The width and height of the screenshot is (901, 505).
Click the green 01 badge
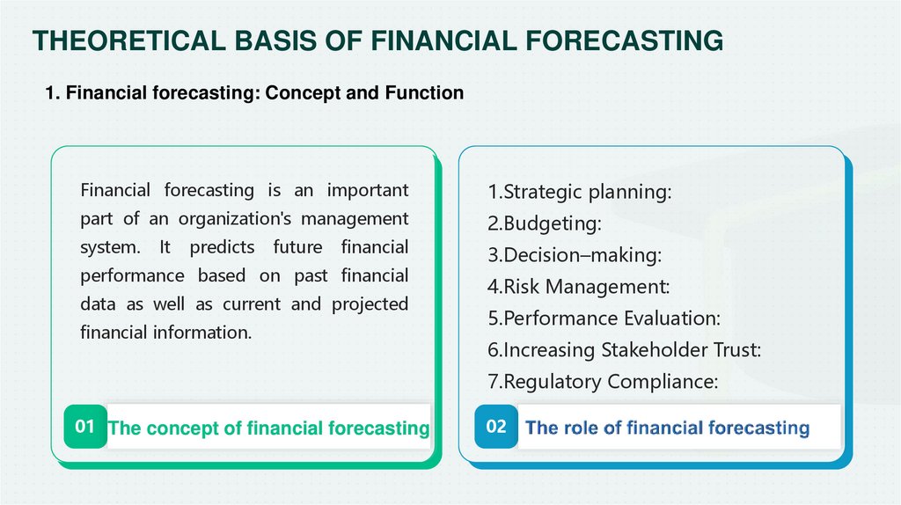[x=85, y=427]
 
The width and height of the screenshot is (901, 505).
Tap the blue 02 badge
[x=496, y=427]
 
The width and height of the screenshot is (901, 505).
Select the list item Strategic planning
[x=580, y=192]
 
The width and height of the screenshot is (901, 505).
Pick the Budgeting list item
[x=545, y=223]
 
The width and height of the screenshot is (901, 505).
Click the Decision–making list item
[x=575, y=255]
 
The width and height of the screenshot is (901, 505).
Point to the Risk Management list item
[x=579, y=287]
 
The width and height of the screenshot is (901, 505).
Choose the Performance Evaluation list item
[x=604, y=318]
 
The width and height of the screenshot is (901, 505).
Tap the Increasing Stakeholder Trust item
[x=625, y=350]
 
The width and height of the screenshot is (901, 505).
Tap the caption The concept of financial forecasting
[x=268, y=428]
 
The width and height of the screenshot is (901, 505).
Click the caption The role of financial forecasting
[x=667, y=428]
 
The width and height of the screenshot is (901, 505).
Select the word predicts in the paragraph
[x=222, y=247]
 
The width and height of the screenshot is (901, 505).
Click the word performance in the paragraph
[x=132, y=275]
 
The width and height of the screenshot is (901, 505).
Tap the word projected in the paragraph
[x=370, y=304]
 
